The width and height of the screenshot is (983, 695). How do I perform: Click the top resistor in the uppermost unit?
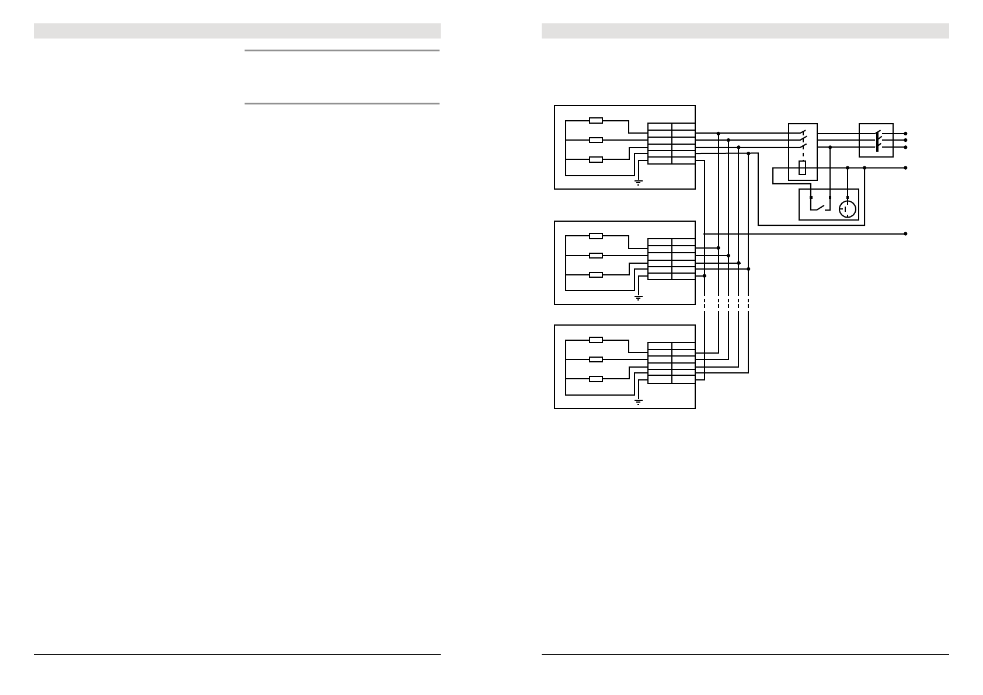pos(595,120)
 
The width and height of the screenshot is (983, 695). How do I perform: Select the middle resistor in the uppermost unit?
pos(595,140)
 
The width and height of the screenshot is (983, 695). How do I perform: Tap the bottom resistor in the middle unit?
pos(595,275)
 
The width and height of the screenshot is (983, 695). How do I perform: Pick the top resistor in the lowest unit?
pos(595,340)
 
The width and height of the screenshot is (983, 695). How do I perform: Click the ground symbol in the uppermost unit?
pos(639,183)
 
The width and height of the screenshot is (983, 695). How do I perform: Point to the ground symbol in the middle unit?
pos(639,298)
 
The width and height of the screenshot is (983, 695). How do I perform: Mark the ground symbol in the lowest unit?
pos(639,401)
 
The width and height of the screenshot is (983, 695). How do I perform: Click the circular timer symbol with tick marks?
pos(848,208)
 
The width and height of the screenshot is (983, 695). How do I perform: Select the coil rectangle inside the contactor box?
pos(803,167)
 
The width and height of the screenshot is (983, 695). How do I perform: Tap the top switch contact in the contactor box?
pos(803,132)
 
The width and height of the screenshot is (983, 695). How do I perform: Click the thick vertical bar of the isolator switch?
pos(877,140)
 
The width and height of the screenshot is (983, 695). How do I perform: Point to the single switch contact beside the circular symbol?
pos(820,206)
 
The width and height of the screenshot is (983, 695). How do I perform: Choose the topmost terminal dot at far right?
pos(905,134)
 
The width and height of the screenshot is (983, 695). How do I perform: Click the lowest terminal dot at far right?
pos(905,234)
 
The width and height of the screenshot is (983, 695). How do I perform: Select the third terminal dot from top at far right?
pos(905,147)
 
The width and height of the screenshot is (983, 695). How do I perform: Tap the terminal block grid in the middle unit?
pos(671,259)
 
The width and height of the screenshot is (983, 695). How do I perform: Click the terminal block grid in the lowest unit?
pos(671,363)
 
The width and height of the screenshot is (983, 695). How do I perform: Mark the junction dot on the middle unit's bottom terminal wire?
pos(705,275)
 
